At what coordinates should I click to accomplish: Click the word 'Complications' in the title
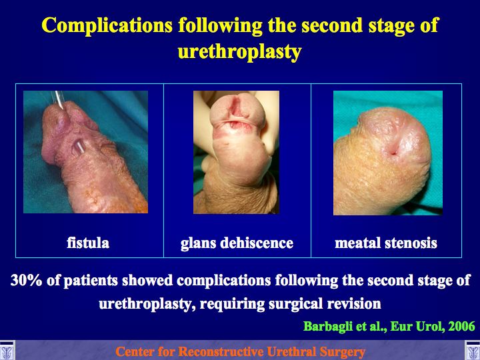tap(107, 26)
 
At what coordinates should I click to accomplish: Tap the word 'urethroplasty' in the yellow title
tap(240, 52)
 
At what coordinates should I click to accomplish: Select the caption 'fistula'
tap(88, 243)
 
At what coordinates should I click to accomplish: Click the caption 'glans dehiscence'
tap(237, 244)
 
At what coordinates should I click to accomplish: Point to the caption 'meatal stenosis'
tap(386, 243)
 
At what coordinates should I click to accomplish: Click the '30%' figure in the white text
tap(26, 281)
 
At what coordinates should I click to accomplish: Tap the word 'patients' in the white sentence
tap(91, 281)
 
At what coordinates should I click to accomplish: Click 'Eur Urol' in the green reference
tap(417, 327)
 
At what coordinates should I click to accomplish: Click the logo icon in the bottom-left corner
tap(7, 350)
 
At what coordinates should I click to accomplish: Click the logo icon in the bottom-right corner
tap(473, 350)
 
